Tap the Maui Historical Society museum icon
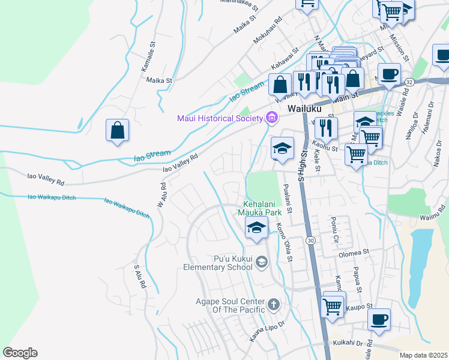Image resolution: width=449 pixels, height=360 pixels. click(272, 118)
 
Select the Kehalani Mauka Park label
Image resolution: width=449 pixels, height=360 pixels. click(267, 208)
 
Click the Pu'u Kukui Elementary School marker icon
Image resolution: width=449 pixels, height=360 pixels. click(262, 262)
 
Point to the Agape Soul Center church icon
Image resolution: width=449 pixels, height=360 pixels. click(274, 304)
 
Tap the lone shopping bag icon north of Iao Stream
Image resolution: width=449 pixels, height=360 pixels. click(117, 130)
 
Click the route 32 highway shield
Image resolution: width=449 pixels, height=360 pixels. click(409, 80)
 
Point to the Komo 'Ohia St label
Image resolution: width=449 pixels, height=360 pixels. click(283, 242)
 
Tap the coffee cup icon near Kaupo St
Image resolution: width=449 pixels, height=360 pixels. click(379, 319)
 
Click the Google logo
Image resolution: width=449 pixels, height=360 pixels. click(20, 353)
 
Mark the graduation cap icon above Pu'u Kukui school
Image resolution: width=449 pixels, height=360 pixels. click(256, 227)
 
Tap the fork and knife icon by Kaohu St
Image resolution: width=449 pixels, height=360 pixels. click(326, 127)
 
